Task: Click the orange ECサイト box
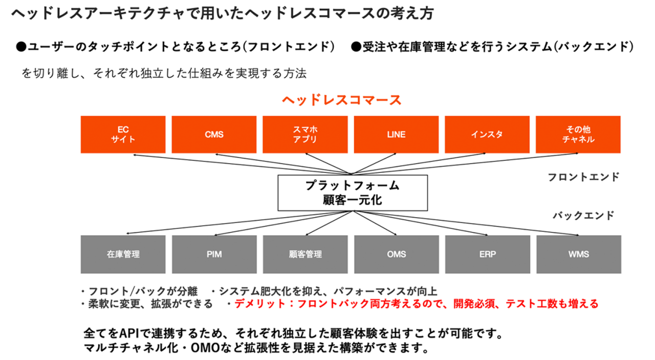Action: [123, 134]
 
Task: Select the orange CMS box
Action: [214, 134]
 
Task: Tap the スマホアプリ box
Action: [305, 134]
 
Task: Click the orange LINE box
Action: [396, 134]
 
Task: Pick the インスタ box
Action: [487, 134]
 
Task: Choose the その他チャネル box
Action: [578, 134]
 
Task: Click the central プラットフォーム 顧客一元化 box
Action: [353, 193]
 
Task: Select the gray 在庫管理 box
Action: [123, 255]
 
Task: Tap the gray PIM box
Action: [214, 255]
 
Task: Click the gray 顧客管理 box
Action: [305, 255]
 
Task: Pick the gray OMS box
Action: [396, 255]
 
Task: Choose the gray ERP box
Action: [487, 255]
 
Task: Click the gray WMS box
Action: [578, 255]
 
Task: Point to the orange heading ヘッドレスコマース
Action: [341, 100]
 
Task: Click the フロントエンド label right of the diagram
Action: [583, 177]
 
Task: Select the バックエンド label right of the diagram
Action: [583, 216]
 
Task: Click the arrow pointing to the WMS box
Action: [512, 228]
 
